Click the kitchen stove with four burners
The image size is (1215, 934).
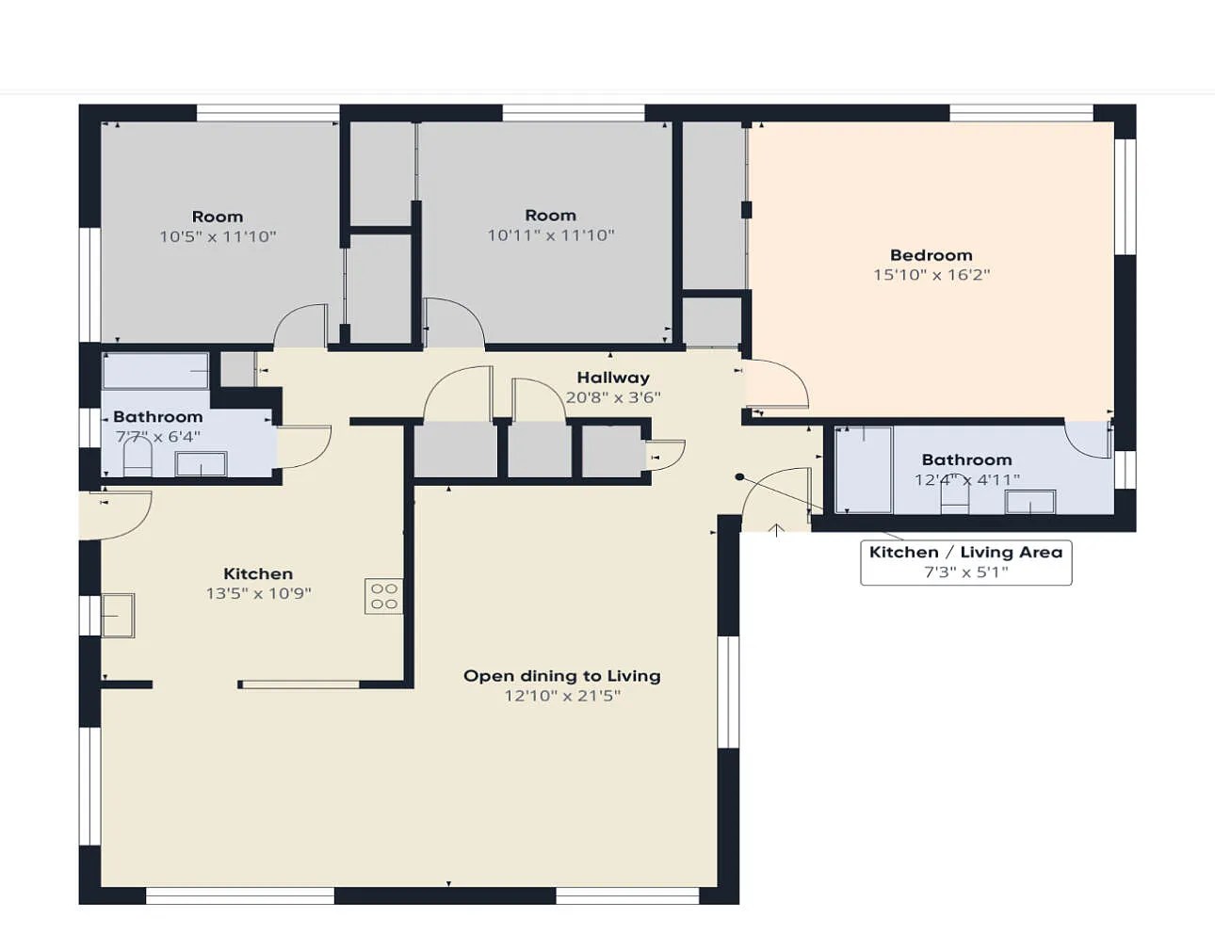coord(383,596)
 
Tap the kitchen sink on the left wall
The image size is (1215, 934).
coord(118,616)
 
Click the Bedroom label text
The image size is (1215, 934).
coord(931,255)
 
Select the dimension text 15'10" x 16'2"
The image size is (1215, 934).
coord(931,275)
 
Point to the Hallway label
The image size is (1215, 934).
coord(613,378)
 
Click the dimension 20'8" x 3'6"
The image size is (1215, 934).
coord(613,397)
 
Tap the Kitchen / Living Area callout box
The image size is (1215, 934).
coord(965,562)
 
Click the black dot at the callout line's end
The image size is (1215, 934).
coord(739,476)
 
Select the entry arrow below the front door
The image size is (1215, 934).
coord(776,530)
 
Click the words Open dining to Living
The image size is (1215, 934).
coord(562,676)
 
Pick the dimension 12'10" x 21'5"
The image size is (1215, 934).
coord(562,696)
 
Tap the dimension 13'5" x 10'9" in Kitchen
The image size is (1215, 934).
coord(258,593)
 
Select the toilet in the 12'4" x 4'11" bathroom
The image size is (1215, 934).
coord(955,496)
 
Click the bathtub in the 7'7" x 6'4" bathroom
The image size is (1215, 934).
coord(155,370)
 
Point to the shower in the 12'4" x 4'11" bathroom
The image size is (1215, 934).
coord(864,470)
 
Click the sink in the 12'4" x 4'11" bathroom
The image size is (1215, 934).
coord(1030,502)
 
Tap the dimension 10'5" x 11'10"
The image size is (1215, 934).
coord(219,236)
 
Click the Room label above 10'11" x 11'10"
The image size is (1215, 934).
coord(551,216)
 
